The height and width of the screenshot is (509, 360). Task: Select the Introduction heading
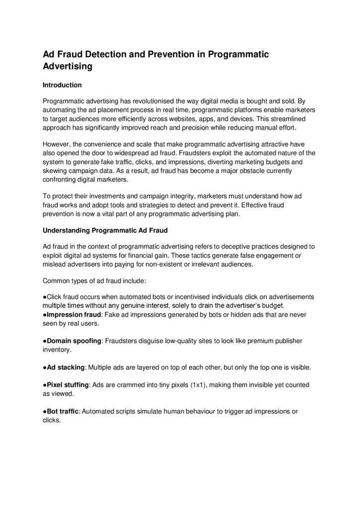(62, 85)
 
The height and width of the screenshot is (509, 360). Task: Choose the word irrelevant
(196, 264)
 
